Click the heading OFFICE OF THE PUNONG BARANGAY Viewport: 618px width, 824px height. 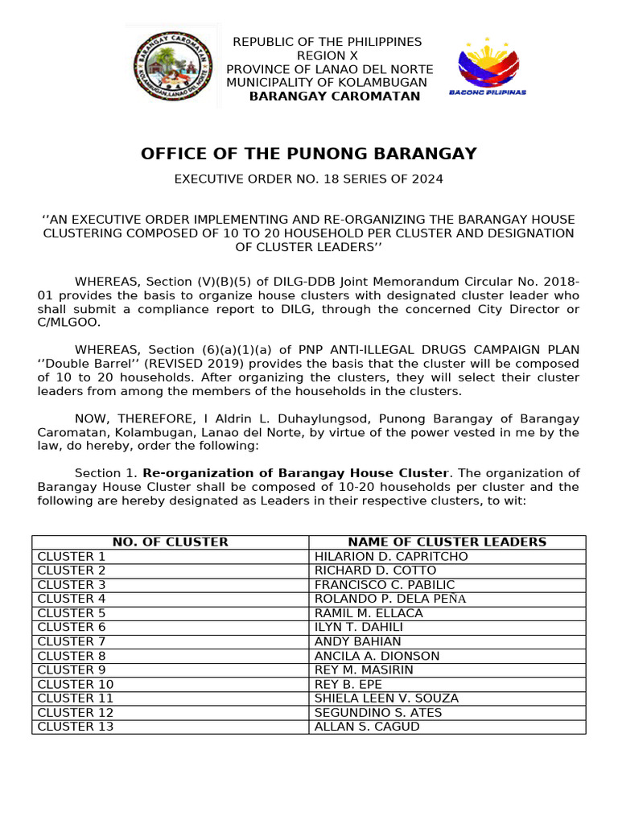[309, 154]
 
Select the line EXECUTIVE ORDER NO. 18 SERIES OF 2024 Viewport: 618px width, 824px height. [309, 179]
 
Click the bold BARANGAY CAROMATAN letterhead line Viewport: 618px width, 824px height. [334, 97]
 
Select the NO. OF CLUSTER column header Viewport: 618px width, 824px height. [171, 542]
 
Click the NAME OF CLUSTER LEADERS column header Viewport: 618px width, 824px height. [447, 542]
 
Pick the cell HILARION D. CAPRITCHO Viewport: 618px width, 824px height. [391, 557]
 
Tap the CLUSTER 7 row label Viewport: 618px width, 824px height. [72, 641]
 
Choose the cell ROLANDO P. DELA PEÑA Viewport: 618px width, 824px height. [390, 599]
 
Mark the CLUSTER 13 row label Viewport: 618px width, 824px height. [76, 727]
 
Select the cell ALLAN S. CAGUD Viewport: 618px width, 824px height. [367, 727]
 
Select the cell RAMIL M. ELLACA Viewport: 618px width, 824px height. [369, 613]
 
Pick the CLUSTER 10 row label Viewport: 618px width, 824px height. [76, 684]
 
